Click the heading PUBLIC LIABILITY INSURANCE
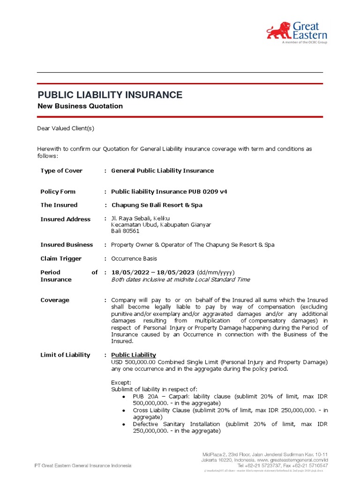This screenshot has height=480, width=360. tap(110, 95)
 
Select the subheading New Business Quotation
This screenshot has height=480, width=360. tap(80, 106)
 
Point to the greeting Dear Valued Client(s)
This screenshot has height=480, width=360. tap(66, 128)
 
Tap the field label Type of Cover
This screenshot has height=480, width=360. tap(61, 171)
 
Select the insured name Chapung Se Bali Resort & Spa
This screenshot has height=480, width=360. tap(157, 205)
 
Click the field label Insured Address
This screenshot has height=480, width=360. tap(66, 219)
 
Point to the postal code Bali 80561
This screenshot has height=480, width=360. tap(125, 231)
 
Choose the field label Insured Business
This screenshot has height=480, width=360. tap(67, 245)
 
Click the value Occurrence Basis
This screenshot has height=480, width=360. tap(134, 259)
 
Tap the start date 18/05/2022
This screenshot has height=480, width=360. tap(128, 272)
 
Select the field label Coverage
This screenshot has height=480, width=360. tap(55, 300)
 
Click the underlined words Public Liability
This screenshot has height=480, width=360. tap(134, 355)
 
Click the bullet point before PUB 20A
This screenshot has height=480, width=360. tap(123, 397)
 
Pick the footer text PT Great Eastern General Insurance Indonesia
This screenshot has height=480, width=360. tap(83, 465)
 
